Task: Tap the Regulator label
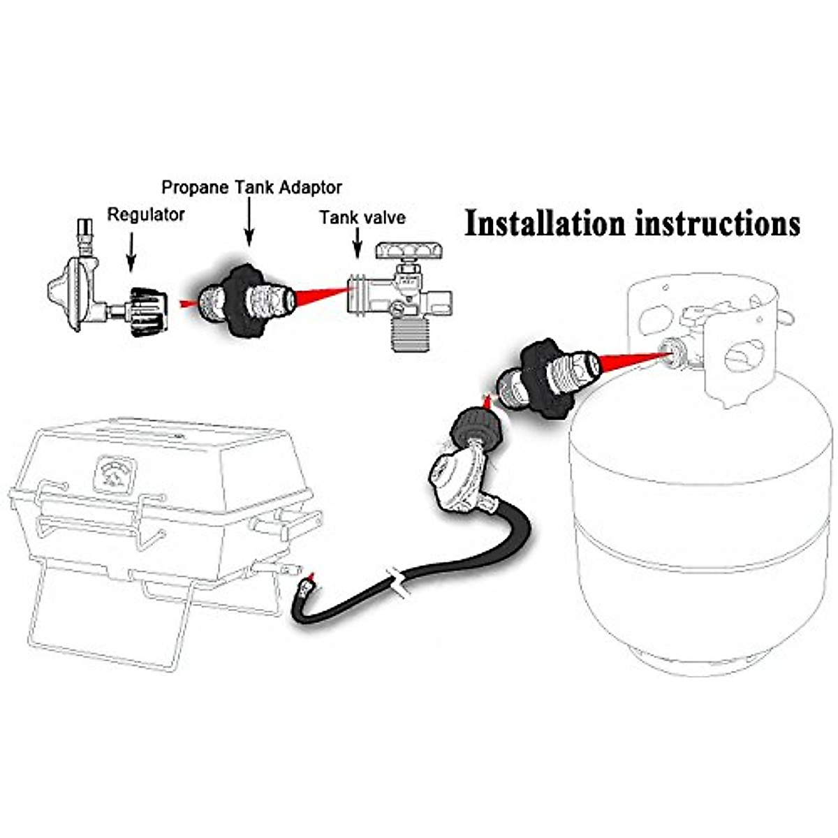145,214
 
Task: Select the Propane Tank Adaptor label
251,187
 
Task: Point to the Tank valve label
362,217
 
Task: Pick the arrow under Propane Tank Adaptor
248,223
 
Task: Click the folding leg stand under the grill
112,615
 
